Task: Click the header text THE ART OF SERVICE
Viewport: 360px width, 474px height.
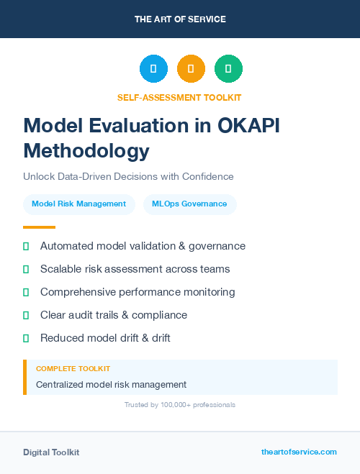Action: pyautogui.click(x=180, y=19)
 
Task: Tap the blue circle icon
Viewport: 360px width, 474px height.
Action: pyautogui.click(x=153, y=69)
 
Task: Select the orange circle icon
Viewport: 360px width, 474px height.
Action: pyautogui.click(x=191, y=69)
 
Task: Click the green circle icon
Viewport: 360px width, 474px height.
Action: pyautogui.click(x=228, y=69)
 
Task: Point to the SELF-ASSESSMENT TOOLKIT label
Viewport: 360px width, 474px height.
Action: pyautogui.click(x=180, y=97)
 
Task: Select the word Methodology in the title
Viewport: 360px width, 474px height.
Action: pyautogui.click(x=86, y=151)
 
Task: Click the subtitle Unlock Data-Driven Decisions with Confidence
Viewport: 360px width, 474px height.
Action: pyautogui.click(x=128, y=176)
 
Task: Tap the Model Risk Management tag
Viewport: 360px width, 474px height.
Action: pyautogui.click(x=79, y=204)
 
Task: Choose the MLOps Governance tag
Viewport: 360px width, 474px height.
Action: pyautogui.click(x=189, y=204)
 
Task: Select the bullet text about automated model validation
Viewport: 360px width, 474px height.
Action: pyautogui.click(x=143, y=246)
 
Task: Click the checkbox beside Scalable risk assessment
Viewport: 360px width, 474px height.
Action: pyautogui.click(x=26, y=269)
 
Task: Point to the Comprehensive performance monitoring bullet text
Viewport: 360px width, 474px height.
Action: pyautogui.click(x=138, y=292)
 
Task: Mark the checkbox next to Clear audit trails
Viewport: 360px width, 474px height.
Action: pyautogui.click(x=26, y=315)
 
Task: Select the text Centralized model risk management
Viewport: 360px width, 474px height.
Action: pyautogui.click(x=111, y=385)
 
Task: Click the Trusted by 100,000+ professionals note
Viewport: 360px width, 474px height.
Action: pyautogui.click(x=180, y=405)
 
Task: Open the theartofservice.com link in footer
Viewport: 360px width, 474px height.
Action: pyautogui.click(x=299, y=452)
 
